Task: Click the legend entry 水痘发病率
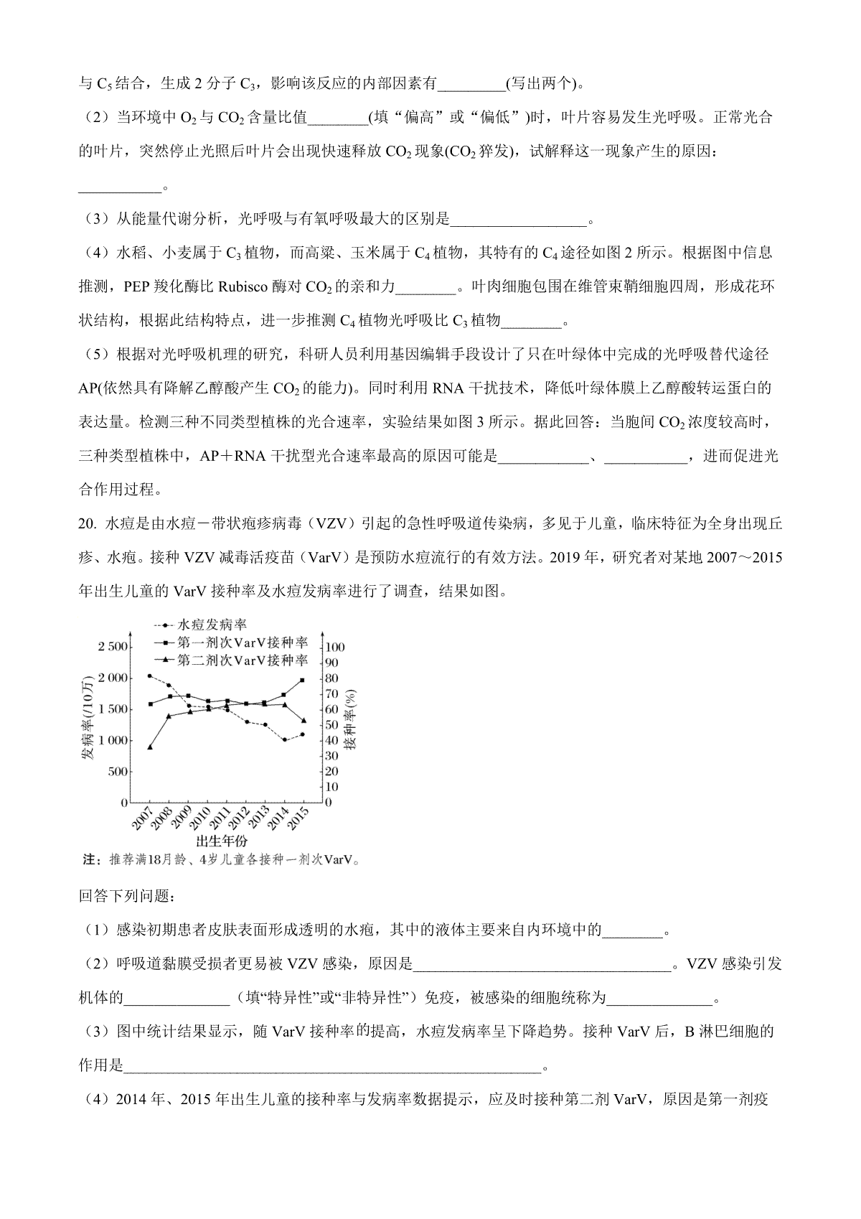pyautogui.click(x=212, y=625)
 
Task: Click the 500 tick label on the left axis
pyautogui.click(x=117, y=772)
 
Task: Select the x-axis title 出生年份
pyautogui.click(x=222, y=841)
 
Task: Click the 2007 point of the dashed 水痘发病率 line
pyautogui.click(x=149, y=676)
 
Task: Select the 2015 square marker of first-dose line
pyautogui.click(x=303, y=680)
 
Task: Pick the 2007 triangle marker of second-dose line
pyautogui.click(x=149, y=747)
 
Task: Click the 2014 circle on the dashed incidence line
pyautogui.click(x=284, y=739)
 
